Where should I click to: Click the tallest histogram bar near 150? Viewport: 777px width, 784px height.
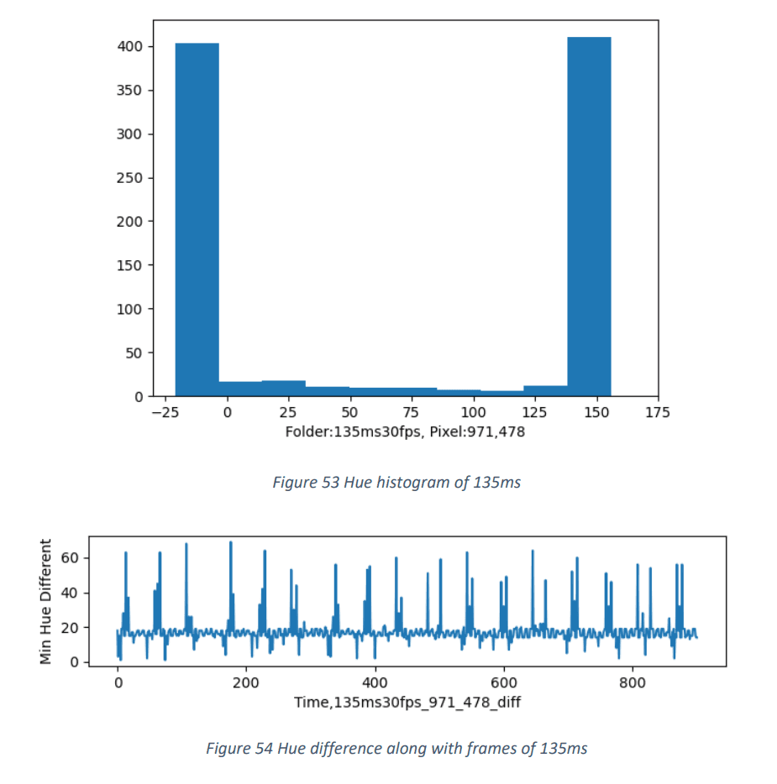(589, 217)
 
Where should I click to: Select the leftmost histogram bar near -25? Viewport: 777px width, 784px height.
(197, 220)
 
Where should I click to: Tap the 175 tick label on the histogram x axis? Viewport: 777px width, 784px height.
(658, 412)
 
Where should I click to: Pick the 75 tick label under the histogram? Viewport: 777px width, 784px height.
(412, 412)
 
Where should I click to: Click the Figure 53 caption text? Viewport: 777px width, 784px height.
(396, 483)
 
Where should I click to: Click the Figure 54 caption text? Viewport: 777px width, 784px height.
(396, 748)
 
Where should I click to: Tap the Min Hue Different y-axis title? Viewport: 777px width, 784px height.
(46, 601)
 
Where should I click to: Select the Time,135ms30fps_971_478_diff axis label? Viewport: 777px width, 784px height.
(407, 702)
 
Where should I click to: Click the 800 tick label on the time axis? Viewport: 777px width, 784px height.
(633, 682)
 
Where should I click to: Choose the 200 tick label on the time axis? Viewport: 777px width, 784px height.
(246, 682)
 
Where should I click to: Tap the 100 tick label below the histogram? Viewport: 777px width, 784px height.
(473, 412)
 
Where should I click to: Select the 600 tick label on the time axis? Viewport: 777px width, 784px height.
(504, 682)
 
